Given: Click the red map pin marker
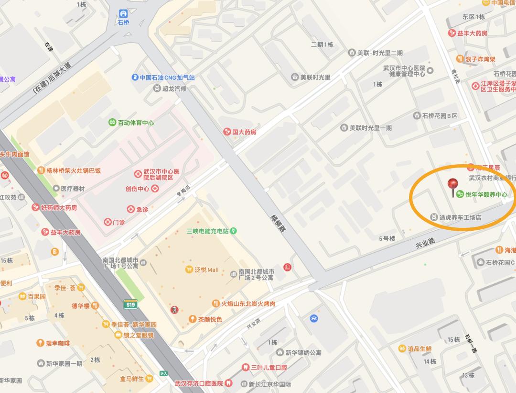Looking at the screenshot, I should [452, 185].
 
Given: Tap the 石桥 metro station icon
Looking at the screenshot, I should [124, 13].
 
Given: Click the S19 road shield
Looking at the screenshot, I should [129, 304].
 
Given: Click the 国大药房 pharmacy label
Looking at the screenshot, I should [244, 132].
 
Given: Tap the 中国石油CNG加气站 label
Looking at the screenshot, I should [167, 78].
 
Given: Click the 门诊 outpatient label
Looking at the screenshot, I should [118, 222].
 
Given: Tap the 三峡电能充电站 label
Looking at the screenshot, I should [208, 231].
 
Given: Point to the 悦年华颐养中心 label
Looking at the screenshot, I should [486, 195].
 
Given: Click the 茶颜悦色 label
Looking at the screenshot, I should [210, 319].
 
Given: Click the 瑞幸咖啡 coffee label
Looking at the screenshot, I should [57, 343].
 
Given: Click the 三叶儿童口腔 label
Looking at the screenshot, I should [269, 368].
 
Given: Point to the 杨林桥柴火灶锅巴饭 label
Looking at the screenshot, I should [73, 170].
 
